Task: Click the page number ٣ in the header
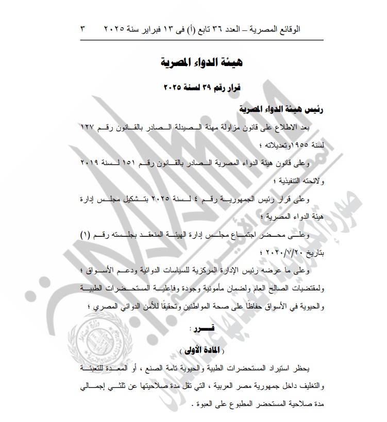coord(82,29)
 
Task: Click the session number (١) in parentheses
coord(86,235)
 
